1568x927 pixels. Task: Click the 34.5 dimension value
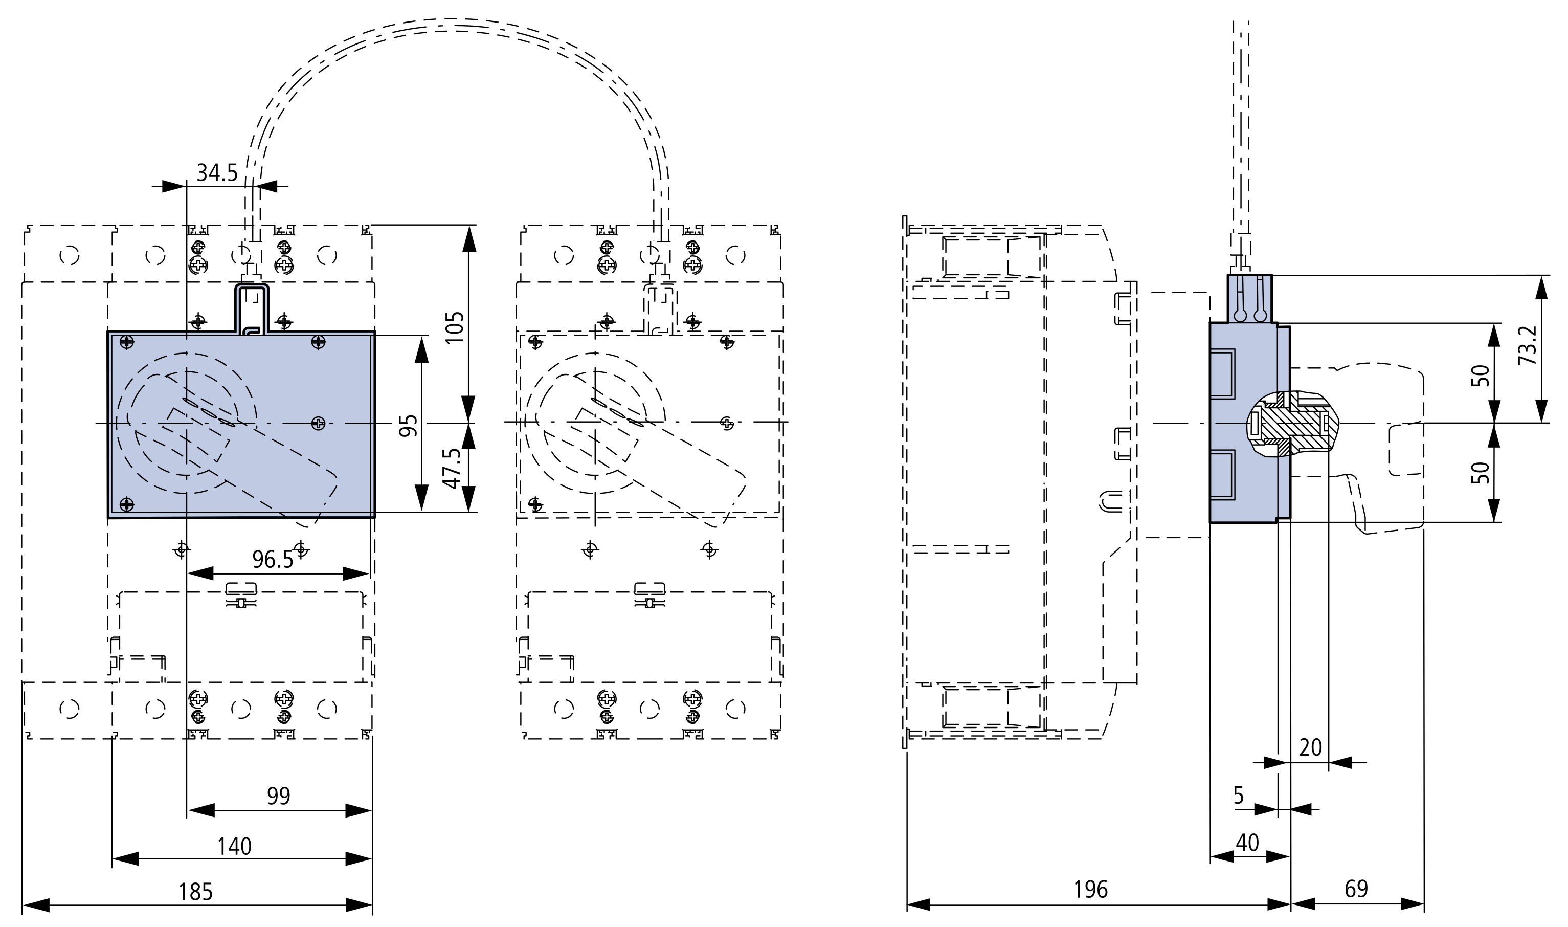217,172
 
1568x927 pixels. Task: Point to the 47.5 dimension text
452,469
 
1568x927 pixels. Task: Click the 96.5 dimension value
273,559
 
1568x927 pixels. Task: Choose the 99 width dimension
279,796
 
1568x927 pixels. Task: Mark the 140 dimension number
234,846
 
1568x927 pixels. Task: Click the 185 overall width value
195,891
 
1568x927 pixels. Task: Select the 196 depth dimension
1090,890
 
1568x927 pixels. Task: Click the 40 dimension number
1248,843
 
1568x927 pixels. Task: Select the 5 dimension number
1239,795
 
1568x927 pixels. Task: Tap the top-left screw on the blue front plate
127,342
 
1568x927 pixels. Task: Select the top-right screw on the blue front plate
319,342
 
